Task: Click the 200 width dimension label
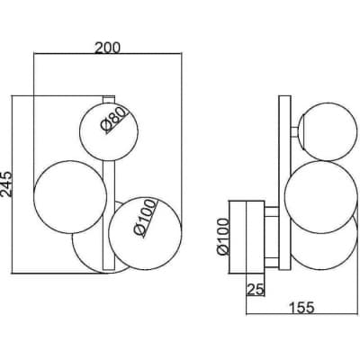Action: click(x=107, y=48)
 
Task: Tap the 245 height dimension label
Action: click(x=6, y=184)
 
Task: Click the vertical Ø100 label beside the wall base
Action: click(x=223, y=236)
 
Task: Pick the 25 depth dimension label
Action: click(x=256, y=290)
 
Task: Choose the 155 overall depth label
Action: click(x=301, y=308)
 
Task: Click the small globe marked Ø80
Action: click(x=109, y=131)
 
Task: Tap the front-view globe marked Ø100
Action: click(x=145, y=233)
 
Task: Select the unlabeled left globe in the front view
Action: click(x=70, y=197)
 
